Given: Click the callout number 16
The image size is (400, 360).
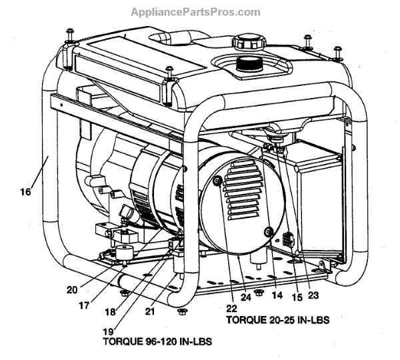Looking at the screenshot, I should click(x=25, y=193).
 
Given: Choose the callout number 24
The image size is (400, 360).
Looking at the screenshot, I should click(x=247, y=296).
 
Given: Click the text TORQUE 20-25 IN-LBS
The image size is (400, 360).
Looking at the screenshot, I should click(x=279, y=321).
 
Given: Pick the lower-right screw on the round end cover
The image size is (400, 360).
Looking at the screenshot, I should click(x=268, y=231).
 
